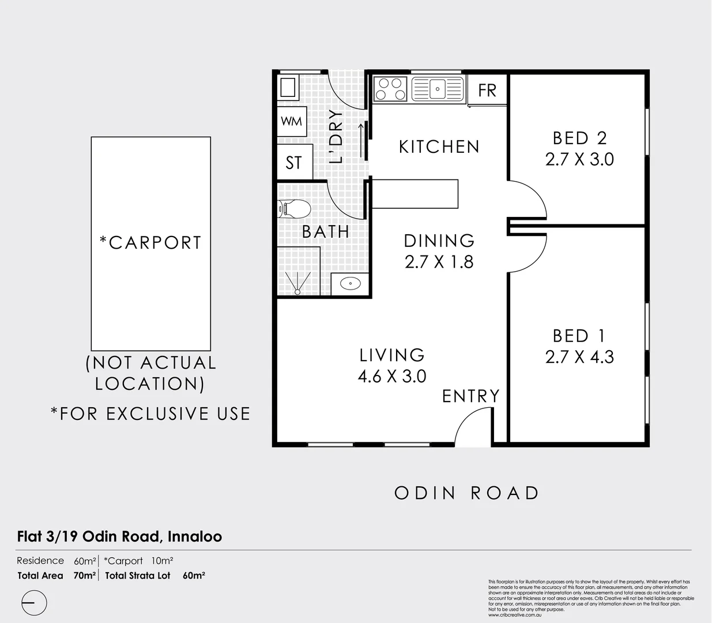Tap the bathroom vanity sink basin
pos(350,283)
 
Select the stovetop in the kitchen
pos(390,89)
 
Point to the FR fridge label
pos(487,90)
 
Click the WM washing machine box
pos(291,122)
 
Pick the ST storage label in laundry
pos(293,163)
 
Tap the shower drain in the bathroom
pos(297,291)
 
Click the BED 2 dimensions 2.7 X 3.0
pos(579,159)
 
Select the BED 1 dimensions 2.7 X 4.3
pos(579,357)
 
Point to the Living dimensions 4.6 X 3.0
pos(392,377)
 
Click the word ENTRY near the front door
pos(470,396)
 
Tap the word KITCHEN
pos(439,147)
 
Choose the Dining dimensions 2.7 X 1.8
pos(439,262)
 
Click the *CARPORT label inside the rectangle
pos(150,243)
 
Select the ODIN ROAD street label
pos(466,493)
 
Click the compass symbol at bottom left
pos(34,603)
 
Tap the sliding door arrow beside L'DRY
pos(361,141)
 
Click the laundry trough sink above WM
pos(288,88)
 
